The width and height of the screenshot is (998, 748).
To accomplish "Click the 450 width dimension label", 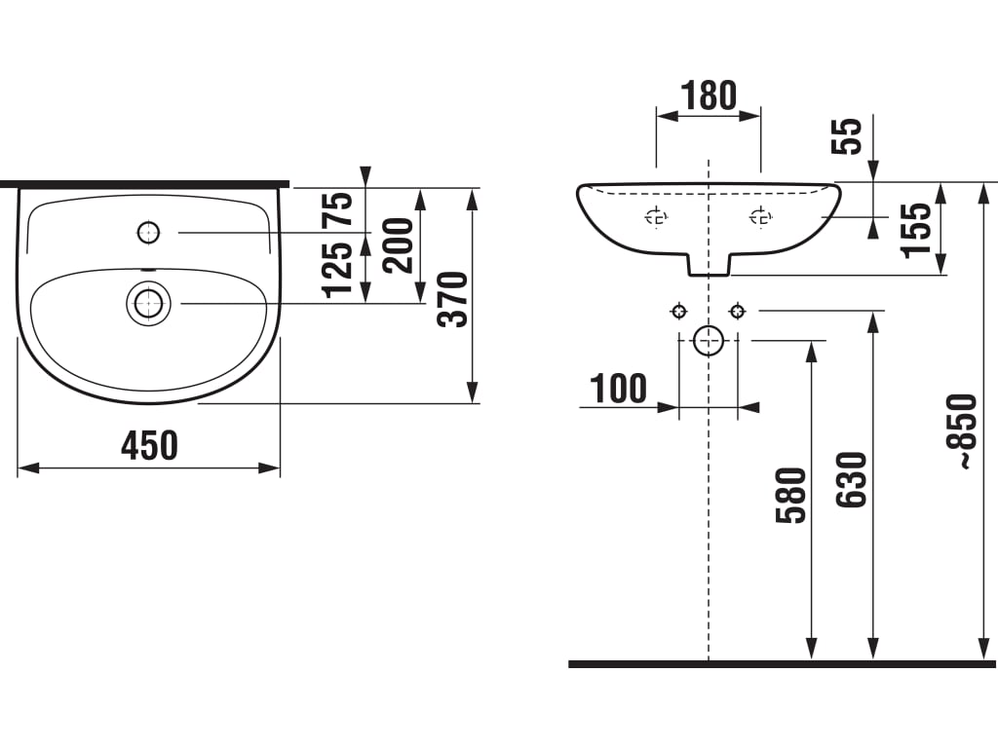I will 149,446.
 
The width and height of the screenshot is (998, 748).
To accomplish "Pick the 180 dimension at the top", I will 709,96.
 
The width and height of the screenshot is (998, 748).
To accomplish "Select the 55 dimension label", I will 849,136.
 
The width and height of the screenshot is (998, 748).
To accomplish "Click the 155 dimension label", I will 917,230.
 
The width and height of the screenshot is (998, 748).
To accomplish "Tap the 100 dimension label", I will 618,389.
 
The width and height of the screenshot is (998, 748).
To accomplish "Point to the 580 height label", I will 792,496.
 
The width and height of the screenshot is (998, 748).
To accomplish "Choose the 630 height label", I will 852,480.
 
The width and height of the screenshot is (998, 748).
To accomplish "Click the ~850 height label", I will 963,432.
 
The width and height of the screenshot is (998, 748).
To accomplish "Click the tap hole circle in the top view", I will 148,232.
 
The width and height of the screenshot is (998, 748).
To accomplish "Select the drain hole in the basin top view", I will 148,303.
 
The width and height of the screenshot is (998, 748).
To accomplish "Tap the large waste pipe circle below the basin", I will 709,340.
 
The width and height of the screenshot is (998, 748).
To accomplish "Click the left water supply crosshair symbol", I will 678,311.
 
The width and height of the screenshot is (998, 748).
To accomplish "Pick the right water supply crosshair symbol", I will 738,311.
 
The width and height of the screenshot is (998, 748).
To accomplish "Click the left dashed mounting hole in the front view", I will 657,218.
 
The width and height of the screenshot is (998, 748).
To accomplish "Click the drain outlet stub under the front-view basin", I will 709,264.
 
